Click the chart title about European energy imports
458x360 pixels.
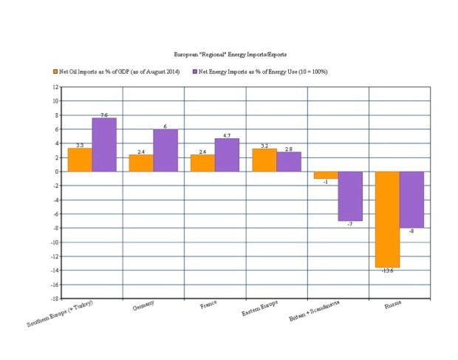(230, 55)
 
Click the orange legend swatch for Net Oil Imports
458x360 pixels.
(55, 72)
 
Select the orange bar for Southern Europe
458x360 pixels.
(80, 160)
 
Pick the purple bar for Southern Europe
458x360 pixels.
(104, 145)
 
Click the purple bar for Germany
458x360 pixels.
(165, 151)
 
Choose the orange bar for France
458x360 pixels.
(202, 163)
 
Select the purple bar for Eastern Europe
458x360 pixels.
(289, 162)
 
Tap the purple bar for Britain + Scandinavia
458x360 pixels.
(350, 196)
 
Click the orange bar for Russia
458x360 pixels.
(387, 220)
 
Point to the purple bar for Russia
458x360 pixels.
(411, 200)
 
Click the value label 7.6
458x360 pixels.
(104, 115)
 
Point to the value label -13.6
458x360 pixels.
(387, 271)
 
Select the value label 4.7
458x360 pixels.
(227, 135)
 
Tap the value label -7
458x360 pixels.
(350, 224)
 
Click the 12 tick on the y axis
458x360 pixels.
(54, 86)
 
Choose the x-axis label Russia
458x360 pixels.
(392, 305)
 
